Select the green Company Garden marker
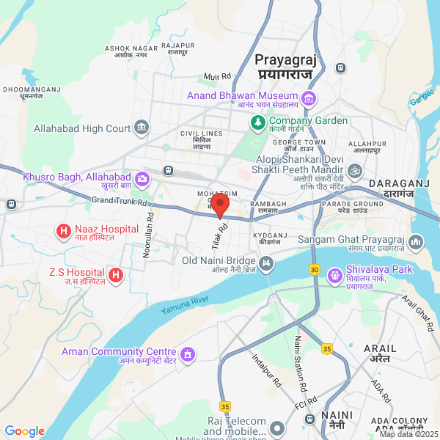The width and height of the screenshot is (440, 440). coord(257,122)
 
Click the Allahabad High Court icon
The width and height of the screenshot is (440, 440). coord(141,129)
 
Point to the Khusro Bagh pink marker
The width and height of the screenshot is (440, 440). coord(142,177)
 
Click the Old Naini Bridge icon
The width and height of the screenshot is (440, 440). coord(265,261)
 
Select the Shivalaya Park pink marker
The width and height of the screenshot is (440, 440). coord(337,275)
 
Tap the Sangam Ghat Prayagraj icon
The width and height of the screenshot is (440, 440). coord(417,241)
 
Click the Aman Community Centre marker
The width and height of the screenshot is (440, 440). coord(188,355)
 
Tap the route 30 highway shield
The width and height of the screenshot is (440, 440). coord(315,269)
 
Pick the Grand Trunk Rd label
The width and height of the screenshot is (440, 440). coord(120,201)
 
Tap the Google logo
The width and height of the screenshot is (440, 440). coord(25,431)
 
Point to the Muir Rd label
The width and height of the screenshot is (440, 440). coord(217,76)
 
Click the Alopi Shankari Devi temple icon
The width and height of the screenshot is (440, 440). coord(355,171)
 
